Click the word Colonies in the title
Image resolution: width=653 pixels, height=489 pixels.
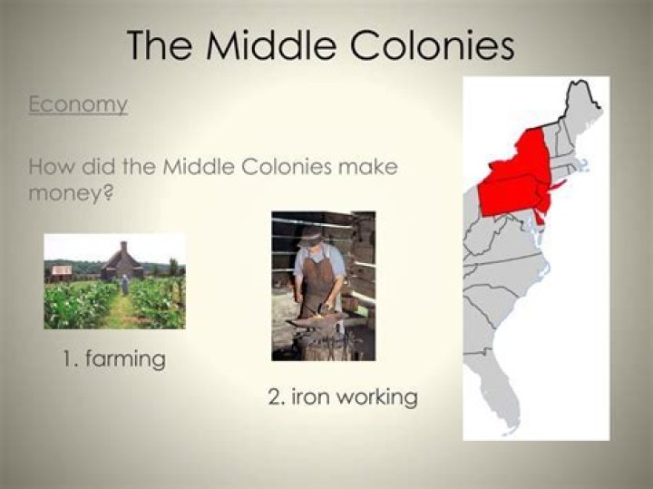pos(435,44)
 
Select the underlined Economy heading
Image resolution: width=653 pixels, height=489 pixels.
pos(78,104)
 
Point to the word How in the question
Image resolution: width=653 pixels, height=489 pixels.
pos(51,168)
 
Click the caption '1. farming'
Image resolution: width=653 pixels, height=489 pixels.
pos(114,359)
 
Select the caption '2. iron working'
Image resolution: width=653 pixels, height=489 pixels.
pos(342,397)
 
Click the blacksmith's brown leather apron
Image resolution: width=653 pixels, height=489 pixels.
pos(317,283)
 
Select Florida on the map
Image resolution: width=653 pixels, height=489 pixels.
pos(508,408)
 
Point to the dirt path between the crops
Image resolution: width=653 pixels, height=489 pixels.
pos(120,313)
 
